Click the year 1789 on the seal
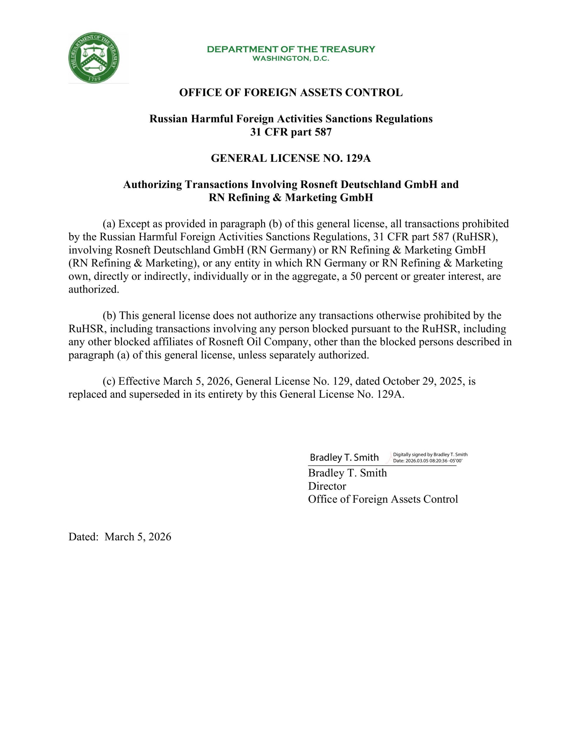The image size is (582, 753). point(94,79)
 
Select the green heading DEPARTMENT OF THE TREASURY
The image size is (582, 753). point(290,49)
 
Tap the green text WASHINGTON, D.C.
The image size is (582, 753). point(290,59)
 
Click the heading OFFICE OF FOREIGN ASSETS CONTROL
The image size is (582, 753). point(290,93)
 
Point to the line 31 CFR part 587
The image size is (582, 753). point(290,132)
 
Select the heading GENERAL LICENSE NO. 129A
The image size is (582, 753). point(290,158)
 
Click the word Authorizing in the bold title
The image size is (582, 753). point(152,185)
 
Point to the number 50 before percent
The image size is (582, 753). point(356,276)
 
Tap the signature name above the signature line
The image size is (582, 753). point(344,457)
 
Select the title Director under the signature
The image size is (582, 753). point(327,487)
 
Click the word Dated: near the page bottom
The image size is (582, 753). point(84,537)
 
